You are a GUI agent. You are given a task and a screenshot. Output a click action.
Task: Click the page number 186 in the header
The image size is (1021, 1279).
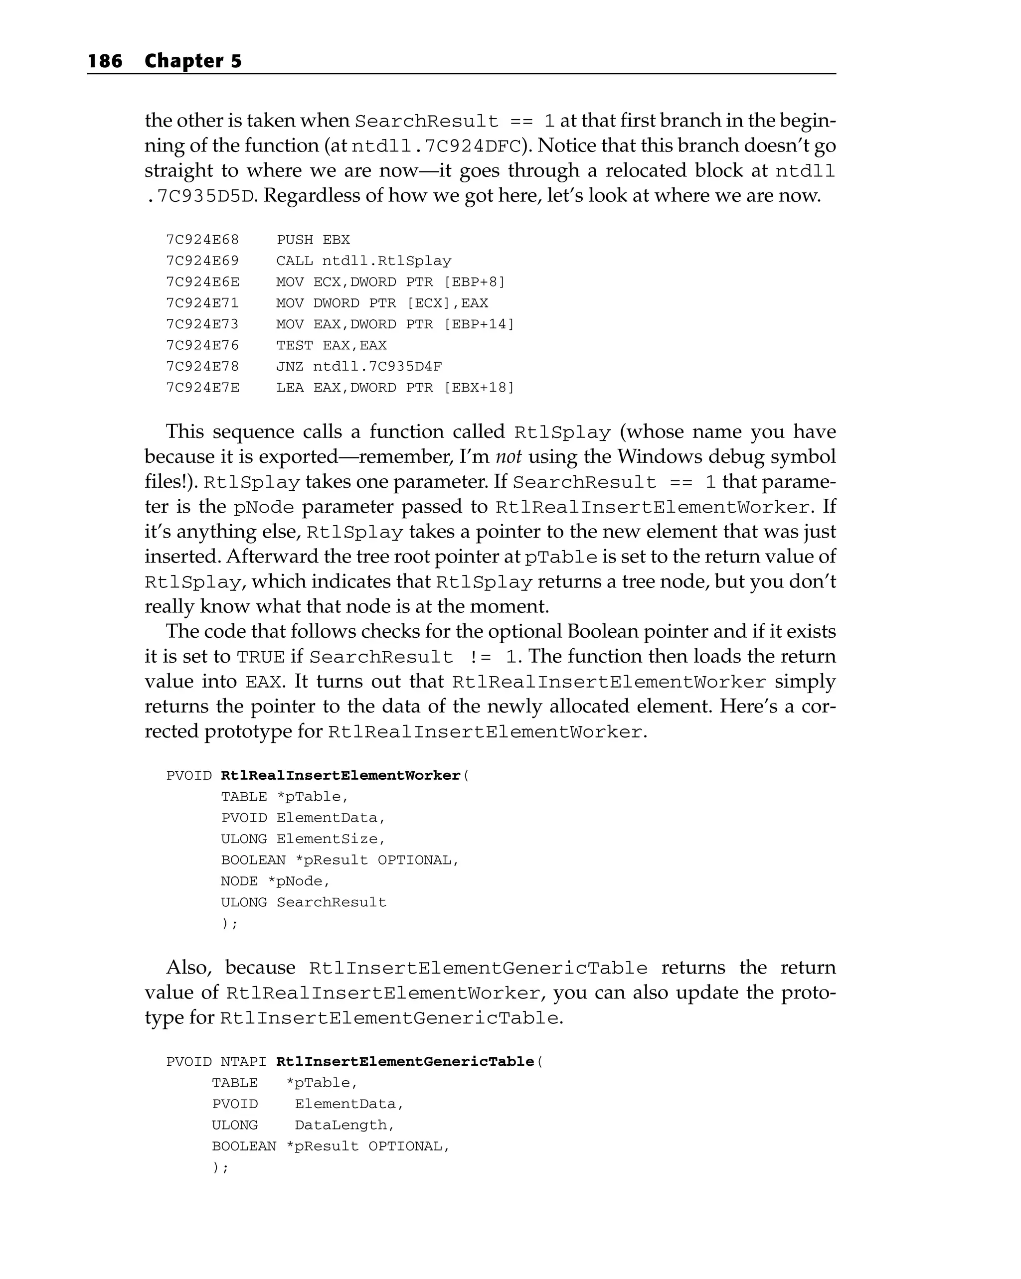pos(105,61)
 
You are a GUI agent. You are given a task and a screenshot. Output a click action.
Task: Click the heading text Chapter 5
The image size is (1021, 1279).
pos(193,61)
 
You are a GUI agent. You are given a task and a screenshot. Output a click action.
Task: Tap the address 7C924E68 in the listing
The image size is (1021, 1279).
pos(202,240)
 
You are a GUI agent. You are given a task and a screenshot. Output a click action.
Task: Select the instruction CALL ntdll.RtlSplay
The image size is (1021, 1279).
pos(363,261)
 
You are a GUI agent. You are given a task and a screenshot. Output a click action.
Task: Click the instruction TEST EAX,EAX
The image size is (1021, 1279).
pos(331,345)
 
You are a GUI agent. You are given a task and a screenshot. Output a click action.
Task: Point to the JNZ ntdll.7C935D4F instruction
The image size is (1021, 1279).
pos(358,367)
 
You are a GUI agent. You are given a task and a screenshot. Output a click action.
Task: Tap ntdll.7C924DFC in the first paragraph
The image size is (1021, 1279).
pos(436,146)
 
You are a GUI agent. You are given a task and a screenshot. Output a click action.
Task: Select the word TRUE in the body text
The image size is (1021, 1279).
pos(261,657)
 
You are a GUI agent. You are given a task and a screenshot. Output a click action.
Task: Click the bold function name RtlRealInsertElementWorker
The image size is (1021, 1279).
pos(340,776)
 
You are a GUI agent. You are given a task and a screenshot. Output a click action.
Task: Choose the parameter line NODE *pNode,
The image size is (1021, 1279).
pos(275,881)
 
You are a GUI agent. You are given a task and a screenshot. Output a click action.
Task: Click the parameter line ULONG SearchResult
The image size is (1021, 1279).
pos(303,902)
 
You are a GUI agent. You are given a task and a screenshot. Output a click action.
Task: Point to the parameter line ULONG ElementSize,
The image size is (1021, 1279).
pos(303,839)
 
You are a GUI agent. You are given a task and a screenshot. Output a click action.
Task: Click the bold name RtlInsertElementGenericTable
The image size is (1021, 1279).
pos(405,1062)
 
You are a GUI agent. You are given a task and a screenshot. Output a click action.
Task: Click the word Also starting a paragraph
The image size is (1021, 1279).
pos(189,968)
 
